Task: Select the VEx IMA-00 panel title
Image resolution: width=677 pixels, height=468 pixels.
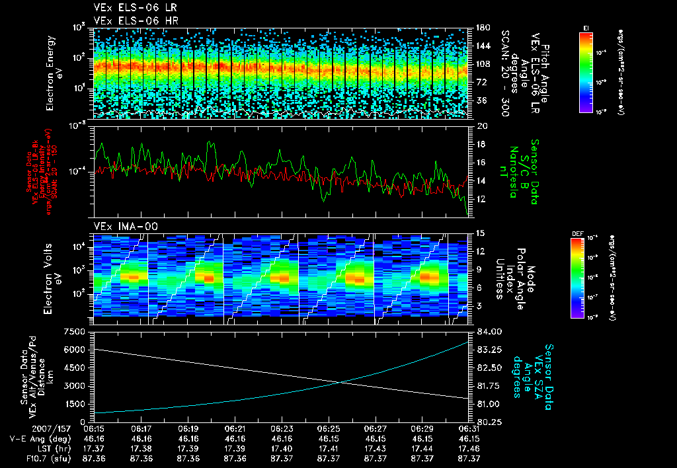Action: tap(125, 226)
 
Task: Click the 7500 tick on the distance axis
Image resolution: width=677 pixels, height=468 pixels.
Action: tap(75, 331)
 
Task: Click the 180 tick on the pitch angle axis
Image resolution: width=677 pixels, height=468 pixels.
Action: tap(482, 28)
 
